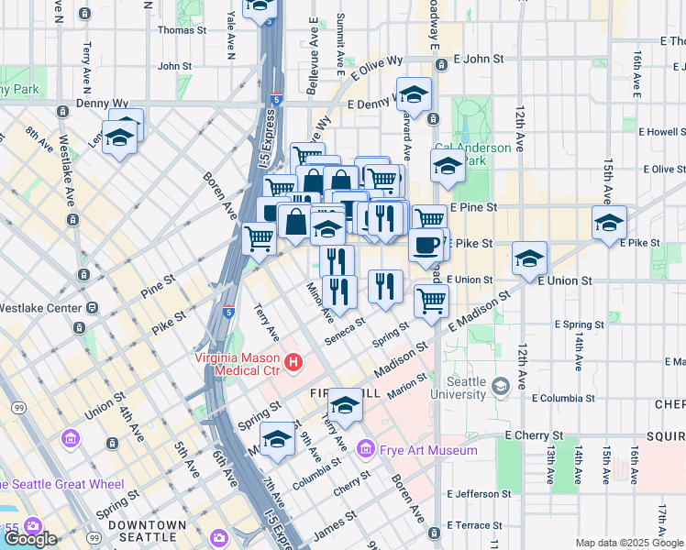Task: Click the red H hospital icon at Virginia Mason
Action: (293, 363)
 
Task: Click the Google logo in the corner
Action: (29, 539)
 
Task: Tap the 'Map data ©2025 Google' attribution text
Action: (628, 543)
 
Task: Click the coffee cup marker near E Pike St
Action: (426, 245)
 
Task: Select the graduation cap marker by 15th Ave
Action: (609, 223)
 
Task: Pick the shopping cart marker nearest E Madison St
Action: (431, 299)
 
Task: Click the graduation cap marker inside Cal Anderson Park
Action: (448, 166)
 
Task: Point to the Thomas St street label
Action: (182, 29)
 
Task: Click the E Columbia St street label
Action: (563, 398)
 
